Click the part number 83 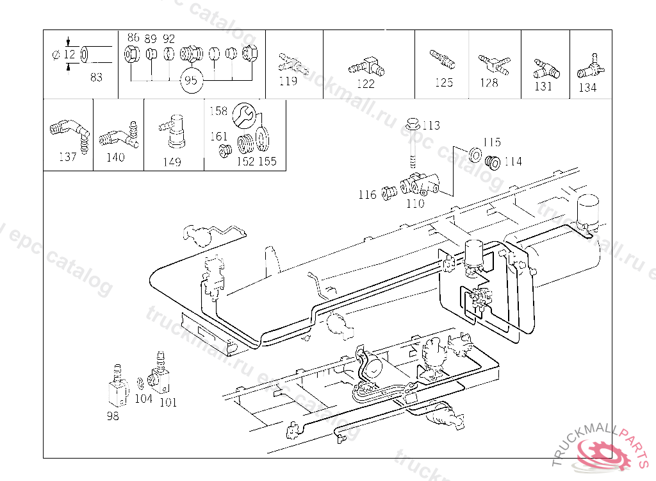tap(96, 77)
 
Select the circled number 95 tap(190, 81)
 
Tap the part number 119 tap(288, 81)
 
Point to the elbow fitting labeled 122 tap(367, 65)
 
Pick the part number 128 tap(489, 82)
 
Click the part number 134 tap(587, 88)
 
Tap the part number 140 tap(115, 157)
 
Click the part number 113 tap(431, 125)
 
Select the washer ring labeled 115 tap(475, 154)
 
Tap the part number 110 tap(416, 203)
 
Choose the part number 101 tap(168, 403)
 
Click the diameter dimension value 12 tap(69, 55)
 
